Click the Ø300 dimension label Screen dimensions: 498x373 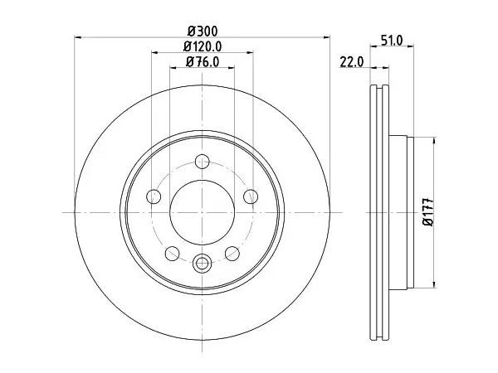[203, 31]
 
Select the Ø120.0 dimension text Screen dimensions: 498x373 [203, 47]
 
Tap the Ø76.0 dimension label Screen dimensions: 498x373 [203, 62]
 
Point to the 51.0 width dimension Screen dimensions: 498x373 [392, 41]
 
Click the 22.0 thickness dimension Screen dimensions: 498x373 [352, 62]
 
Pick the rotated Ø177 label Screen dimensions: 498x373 [428, 212]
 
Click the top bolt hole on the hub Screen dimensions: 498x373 [202, 161]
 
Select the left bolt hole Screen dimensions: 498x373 [154, 196]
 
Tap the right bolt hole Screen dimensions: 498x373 [251, 196]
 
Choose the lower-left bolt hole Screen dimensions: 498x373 [173, 254]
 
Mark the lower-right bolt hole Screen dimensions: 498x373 [232, 254]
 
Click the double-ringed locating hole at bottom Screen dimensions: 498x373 [202, 263]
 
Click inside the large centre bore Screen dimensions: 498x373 [202, 212]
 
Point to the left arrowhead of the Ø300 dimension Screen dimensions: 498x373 [78, 37]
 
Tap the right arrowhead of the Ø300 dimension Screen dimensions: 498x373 [326, 37]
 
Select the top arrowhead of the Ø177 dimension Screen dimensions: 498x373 [434, 141]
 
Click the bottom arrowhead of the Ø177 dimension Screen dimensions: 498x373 [434, 284]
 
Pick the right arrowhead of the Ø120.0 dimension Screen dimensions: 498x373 [250, 52]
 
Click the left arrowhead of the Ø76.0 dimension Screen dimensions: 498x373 [173, 67]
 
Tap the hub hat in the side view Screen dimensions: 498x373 [401, 212]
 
